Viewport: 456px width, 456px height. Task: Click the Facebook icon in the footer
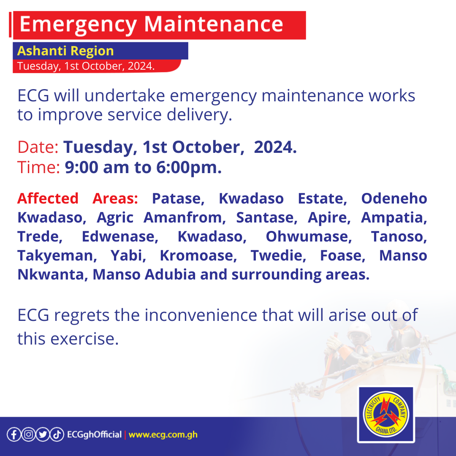[14, 434]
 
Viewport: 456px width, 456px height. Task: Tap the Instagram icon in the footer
[28, 434]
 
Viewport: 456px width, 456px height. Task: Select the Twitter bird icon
[42, 434]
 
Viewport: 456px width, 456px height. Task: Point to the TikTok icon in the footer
[57, 434]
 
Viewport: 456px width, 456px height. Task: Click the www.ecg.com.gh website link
[163, 434]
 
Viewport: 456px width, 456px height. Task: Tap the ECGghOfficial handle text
[94, 434]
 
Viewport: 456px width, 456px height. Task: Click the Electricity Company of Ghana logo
[385, 415]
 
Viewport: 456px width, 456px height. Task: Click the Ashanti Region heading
[65, 51]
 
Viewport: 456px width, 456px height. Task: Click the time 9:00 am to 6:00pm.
[143, 168]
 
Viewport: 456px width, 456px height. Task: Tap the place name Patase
[178, 198]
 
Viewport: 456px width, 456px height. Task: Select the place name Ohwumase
[309, 236]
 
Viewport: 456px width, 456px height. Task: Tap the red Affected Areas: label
[77, 198]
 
